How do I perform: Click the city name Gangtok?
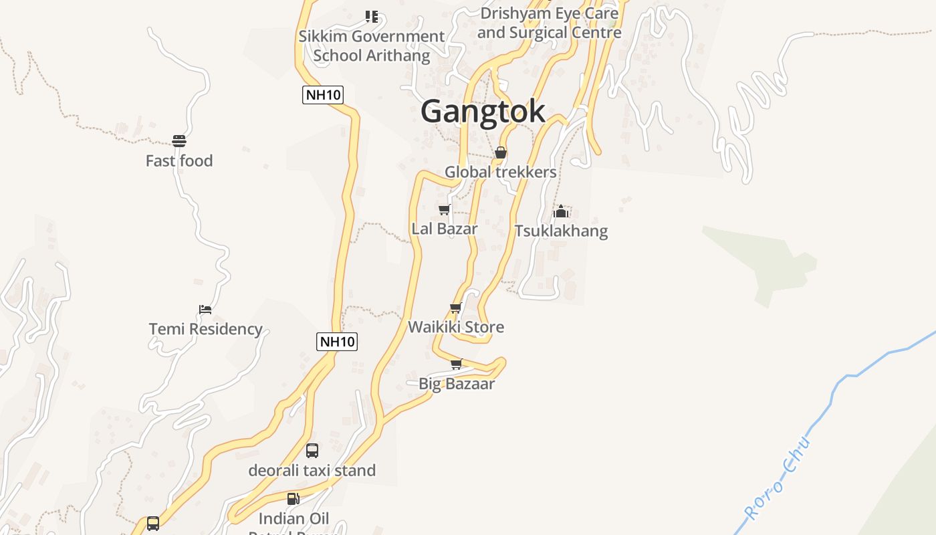(x=483, y=111)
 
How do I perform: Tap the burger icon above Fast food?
(x=179, y=141)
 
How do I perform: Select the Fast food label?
(x=179, y=161)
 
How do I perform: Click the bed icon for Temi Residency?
(x=205, y=310)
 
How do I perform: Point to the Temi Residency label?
(x=205, y=329)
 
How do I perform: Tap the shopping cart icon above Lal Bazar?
(x=445, y=210)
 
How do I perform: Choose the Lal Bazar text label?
(x=445, y=229)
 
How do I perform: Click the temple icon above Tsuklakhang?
(x=561, y=212)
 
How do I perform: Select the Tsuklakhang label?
(x=561, y=231)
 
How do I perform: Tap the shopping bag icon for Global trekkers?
(x=501, y=153)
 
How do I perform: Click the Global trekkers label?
(x=501, y=173)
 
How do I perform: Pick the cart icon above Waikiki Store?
(x=456, y=308)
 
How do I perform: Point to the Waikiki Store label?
(x=456, y=328)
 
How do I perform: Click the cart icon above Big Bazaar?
(x=457, y=364)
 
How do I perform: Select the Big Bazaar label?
(x=457, y=384)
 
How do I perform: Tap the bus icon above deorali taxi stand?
(x=312, y=451)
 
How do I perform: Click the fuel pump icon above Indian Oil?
(x=293, y=499)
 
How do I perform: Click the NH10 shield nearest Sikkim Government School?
(x=323, y=95)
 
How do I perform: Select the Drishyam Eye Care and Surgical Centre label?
(x=549, y=23)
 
